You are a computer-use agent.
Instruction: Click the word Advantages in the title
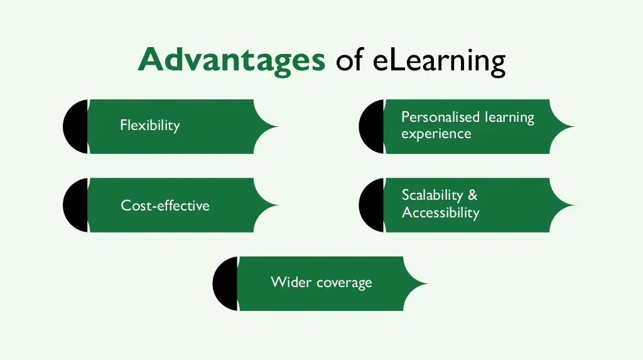tap(232, 60)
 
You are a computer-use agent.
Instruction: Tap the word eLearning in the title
tap(439, 61)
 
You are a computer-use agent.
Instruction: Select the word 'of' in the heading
tap(349, 60)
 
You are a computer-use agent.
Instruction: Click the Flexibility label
tap(150, 125)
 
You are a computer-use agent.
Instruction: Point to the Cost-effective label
tap(165, 205)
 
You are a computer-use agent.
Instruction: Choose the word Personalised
tap(440, 117)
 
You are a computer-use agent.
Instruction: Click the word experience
tap(436, 134)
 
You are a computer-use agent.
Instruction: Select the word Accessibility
tap(440, 212)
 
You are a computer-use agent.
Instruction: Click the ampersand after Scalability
tap(473, 195)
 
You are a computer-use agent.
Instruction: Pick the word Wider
tap(291, 282)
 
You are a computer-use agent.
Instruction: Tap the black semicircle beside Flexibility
tap(76, 126)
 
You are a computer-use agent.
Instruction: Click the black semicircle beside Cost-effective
tap(76, 205)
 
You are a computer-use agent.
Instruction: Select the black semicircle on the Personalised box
tap(372, 126)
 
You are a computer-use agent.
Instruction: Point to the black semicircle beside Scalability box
tap(372, 205)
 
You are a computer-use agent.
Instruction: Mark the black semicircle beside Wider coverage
tap(225, 283)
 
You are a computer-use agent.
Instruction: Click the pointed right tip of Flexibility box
tap(279, 126)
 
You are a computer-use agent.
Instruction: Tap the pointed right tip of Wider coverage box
tap(428, 283)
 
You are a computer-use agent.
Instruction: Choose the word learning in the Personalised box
tap(509, 118)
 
